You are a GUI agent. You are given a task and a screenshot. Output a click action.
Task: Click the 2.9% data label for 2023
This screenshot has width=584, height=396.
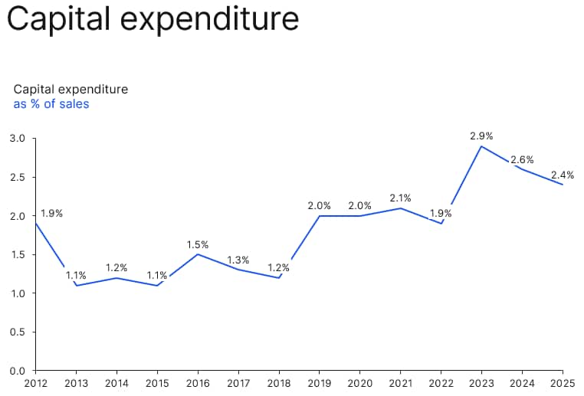tap(481, 136)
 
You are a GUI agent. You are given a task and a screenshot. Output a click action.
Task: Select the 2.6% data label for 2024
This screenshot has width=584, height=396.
tap(522, 160)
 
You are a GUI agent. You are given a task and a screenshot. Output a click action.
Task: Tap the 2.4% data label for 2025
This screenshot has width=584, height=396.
tap(562, 175)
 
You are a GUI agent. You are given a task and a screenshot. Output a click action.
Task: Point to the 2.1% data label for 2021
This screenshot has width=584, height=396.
tap(400, 198)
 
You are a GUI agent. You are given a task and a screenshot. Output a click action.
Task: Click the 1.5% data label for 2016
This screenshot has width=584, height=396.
tap(197, 245)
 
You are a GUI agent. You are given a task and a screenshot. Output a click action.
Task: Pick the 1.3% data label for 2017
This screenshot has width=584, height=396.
tap(238, 260)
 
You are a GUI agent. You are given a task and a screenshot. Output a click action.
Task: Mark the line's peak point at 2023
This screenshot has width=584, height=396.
tap(481, 146)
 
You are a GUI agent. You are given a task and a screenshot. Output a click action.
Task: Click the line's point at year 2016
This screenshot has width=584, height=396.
tap(198, 254)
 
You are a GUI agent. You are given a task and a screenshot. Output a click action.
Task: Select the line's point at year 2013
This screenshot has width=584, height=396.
tap(77, 286)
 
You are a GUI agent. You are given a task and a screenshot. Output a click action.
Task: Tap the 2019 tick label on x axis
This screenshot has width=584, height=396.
tap(320, 383)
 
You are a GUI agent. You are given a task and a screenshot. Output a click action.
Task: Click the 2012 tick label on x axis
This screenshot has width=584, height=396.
tap(36, 383)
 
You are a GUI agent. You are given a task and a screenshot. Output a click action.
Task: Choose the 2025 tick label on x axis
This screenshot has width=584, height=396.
tap(563, 383)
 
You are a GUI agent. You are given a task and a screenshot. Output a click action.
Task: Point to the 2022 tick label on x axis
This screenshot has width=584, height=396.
tap(441, 383)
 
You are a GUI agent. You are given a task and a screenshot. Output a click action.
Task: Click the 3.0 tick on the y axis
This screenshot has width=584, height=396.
tap(18, 139)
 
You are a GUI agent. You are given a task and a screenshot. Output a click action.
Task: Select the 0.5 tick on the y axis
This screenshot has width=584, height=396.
tap(18, 332)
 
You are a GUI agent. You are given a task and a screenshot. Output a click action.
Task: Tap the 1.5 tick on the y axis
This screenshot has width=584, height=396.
tap(18, 255)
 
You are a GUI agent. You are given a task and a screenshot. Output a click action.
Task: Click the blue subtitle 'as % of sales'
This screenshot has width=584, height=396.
tap(51, 104)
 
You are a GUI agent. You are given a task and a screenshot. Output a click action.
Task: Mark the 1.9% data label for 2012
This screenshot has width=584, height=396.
tap(51, 214)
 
